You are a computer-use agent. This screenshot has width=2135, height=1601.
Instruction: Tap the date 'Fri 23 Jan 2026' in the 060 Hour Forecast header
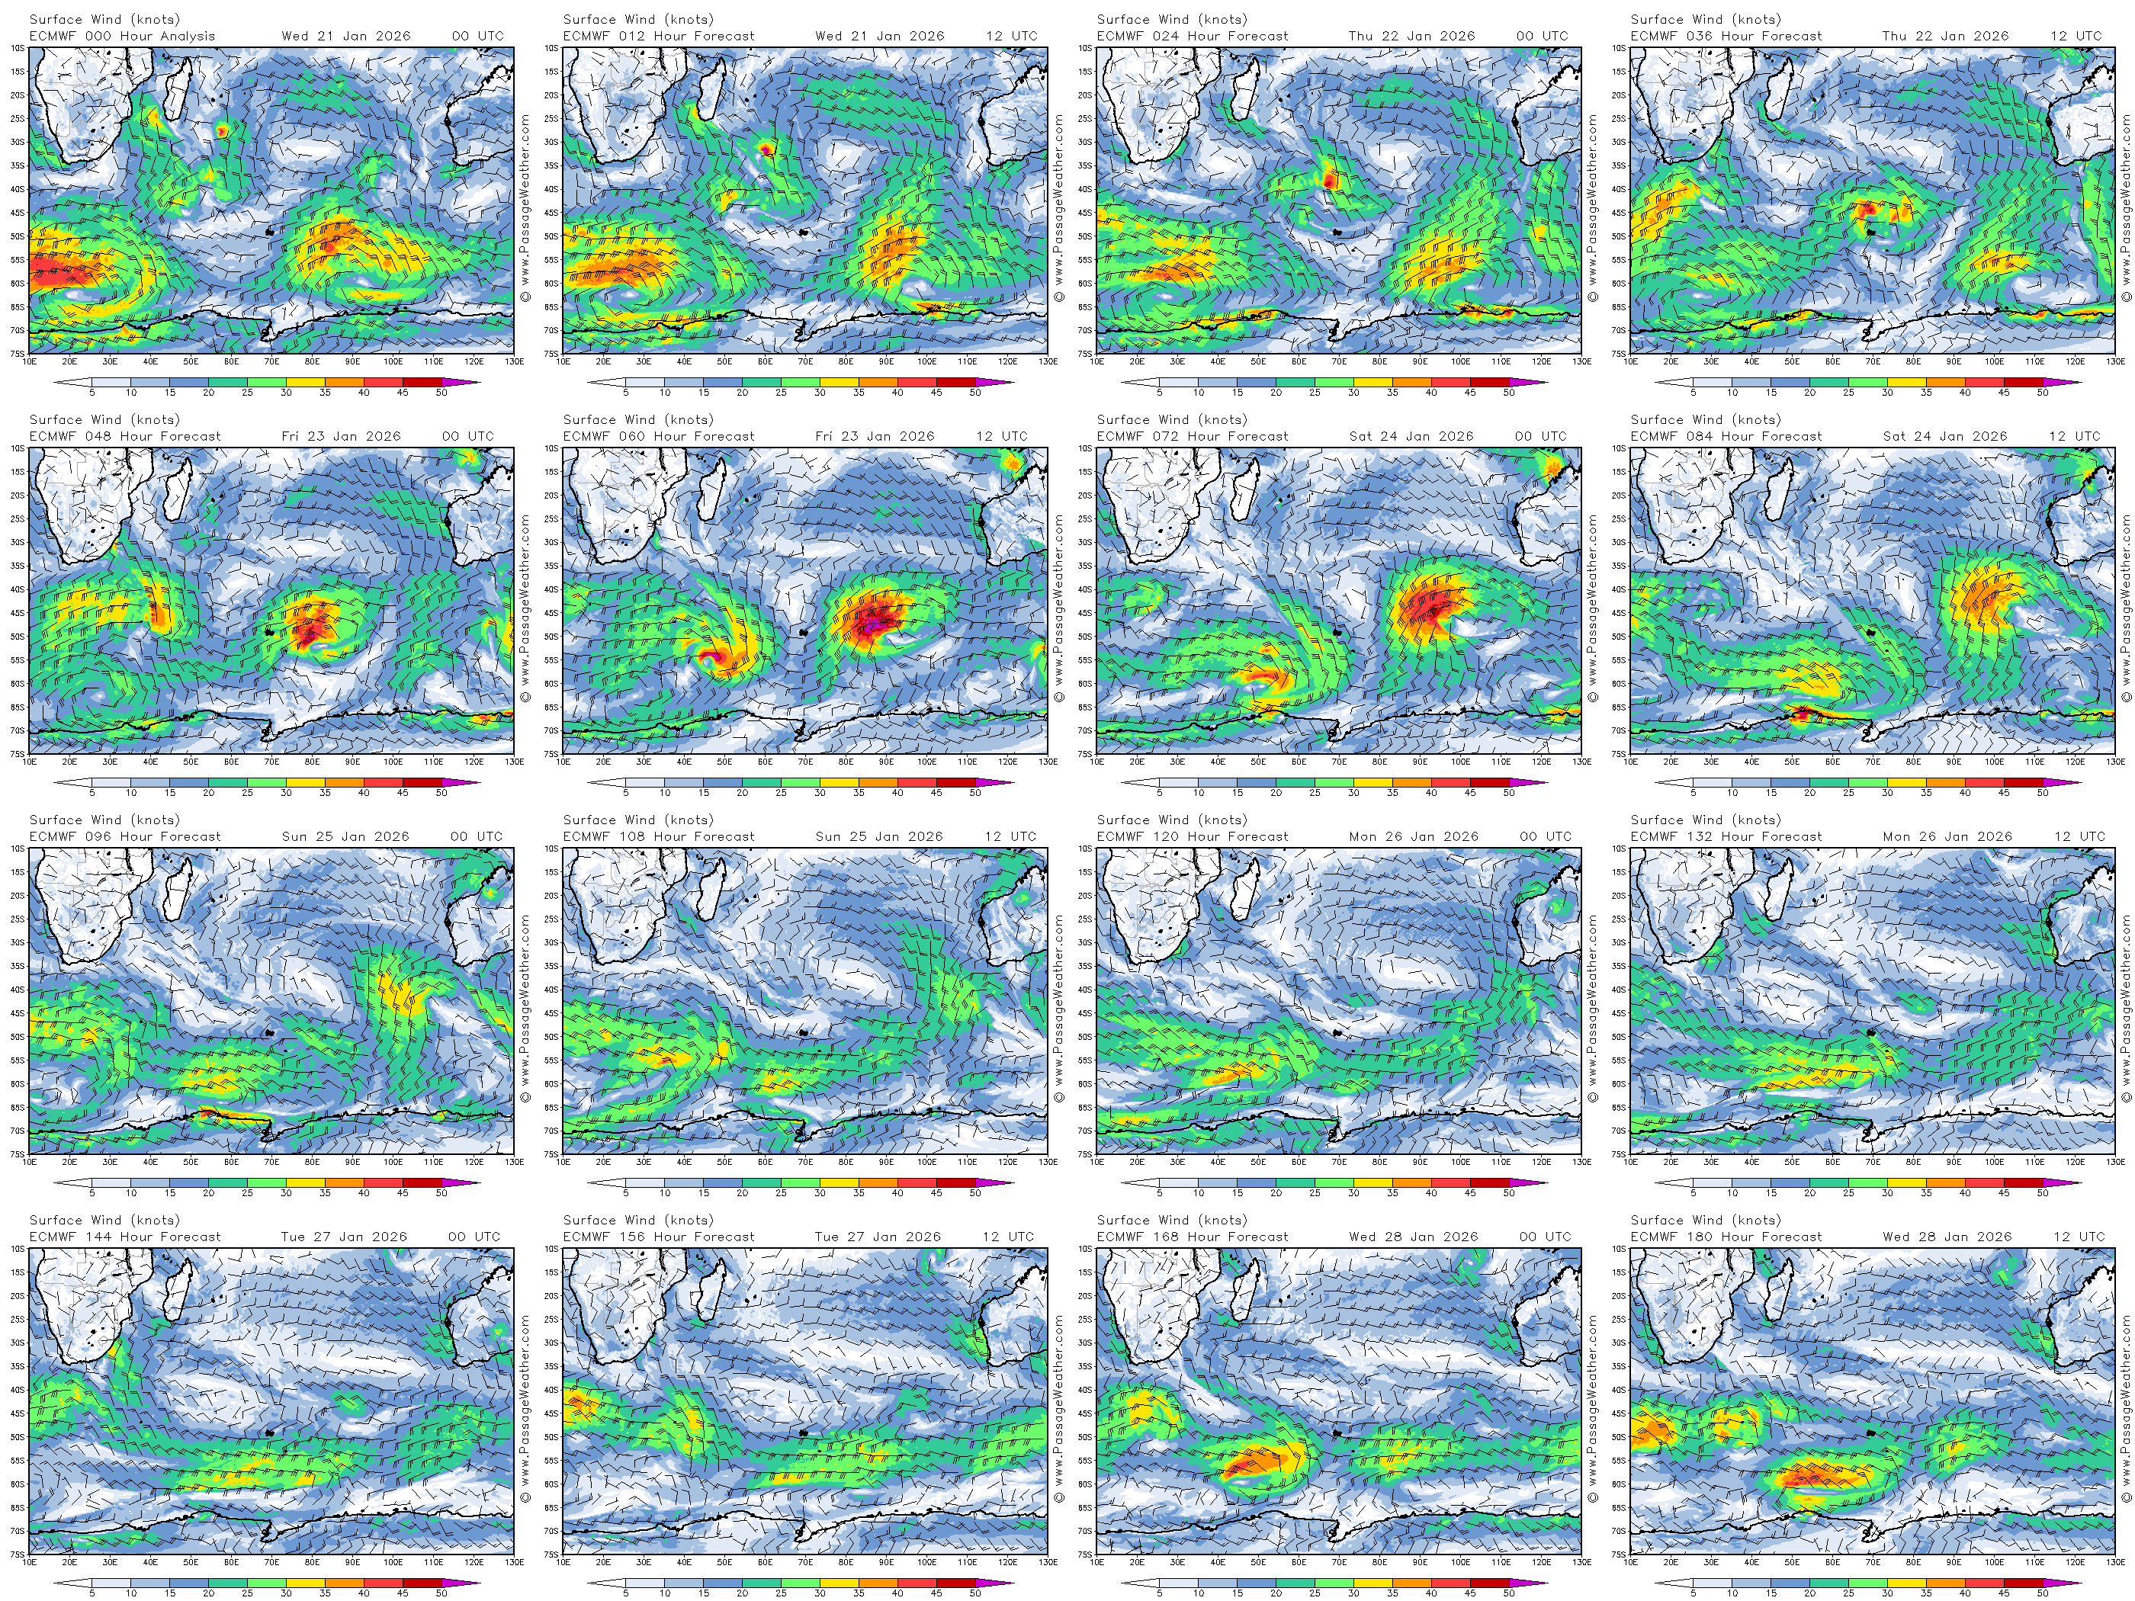point(875,436)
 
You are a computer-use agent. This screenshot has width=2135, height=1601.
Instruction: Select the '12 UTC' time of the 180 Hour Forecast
point(2077,1237)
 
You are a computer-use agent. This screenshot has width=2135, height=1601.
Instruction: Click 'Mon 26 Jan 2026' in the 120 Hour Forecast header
point(1413,836)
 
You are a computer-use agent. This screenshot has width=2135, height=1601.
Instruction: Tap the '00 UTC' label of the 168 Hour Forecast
point(1544,1237)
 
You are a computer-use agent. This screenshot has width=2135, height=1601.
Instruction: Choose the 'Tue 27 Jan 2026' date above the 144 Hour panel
point(344,1237)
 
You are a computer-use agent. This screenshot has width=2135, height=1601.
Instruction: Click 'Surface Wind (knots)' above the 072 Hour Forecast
point(1172,420)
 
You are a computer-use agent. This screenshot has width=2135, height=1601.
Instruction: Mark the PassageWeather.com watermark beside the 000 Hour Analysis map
point(525,207)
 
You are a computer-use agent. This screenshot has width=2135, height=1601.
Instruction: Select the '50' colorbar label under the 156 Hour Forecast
point(974,1593)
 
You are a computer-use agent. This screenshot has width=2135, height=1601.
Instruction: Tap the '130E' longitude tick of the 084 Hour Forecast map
point(2114,762)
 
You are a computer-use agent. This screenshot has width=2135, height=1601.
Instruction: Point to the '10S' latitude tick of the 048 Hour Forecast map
point(18,449)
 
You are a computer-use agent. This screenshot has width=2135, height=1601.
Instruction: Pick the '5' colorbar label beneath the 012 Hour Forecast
point(625,393)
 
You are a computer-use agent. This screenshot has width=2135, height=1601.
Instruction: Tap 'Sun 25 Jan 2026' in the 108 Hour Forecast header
point(878,836)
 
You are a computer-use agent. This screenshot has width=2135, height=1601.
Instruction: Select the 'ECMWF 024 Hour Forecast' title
point(1192,36)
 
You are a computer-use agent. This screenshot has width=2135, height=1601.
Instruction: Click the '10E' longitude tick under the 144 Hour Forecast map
point(30,1562)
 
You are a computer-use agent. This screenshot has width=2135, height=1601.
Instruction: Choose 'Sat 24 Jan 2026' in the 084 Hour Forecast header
point(1945,436)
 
